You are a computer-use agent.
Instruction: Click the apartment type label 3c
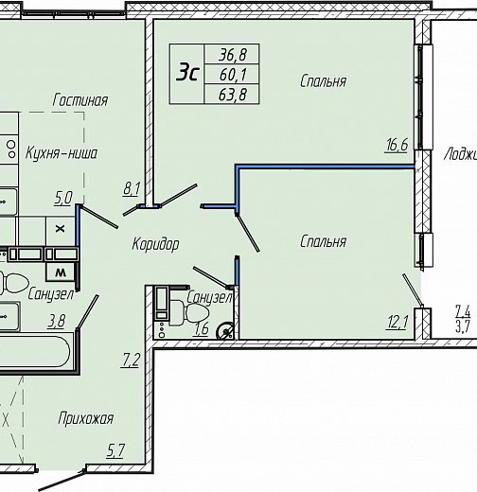tap(188, 72)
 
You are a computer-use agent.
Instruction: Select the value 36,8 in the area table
tap(233, 55)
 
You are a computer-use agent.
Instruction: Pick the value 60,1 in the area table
tap(233, 75)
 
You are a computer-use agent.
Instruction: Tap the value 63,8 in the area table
tap(233, 95)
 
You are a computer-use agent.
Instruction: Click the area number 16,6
tap(397, 145)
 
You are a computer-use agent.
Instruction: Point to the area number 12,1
tap(397, 323)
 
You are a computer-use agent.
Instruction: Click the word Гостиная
tap(80, 100)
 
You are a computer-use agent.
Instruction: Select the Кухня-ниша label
tap(62, 153)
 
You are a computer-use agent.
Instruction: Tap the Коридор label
tap(155, 244)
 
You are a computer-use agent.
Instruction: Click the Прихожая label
tap(85, 419)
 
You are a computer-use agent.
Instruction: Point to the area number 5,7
tap(115, 450)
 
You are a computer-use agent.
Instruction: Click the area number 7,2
tap(130, 360)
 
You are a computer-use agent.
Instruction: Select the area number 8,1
tap(132, 190)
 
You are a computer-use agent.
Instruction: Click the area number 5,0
tap(63, 199)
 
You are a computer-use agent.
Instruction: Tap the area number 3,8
tap(57, 322)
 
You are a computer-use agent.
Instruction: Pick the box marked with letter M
tap(61, 272)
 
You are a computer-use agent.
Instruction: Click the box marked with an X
tap(61, 229)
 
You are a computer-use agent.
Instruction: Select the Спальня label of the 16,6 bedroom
tap(323, 81)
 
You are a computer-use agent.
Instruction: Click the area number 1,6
tap(202, 329)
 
